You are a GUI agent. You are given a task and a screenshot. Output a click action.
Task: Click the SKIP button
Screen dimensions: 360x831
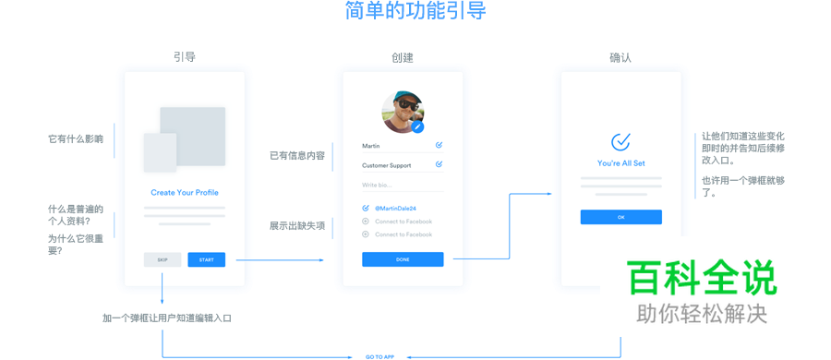[163, 260]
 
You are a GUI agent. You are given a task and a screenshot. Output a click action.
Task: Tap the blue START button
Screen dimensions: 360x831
[206, 260]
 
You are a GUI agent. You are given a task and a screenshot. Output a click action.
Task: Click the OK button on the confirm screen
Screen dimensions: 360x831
[620, 217]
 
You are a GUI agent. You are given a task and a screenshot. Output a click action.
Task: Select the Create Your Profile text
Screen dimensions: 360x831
[185, 193]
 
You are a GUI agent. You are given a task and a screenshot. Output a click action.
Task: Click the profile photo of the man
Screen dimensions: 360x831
[402, 112]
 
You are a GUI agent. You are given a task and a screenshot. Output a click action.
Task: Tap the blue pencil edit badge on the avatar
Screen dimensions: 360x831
[418, 127]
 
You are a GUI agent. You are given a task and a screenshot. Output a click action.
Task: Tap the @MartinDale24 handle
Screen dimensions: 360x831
[395, 209]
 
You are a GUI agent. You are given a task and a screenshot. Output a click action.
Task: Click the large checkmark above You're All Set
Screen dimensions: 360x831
[620, 141]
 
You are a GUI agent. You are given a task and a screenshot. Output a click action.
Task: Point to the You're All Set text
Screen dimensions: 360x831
[620, 163]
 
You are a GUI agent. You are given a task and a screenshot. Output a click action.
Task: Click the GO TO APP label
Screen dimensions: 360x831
[379, 356]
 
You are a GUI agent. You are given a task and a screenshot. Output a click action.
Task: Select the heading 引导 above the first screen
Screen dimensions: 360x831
[185, 57]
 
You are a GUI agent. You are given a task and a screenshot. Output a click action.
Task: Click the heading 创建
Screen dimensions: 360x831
[403, 57]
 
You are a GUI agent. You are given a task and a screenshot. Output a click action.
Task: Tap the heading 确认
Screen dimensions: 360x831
[620, 57]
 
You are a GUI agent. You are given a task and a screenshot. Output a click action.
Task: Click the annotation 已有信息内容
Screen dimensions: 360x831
[297, 156]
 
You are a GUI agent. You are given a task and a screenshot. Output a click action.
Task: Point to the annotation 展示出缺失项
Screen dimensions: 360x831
[297, 226]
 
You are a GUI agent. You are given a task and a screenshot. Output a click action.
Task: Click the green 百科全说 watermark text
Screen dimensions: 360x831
[702, 278]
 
